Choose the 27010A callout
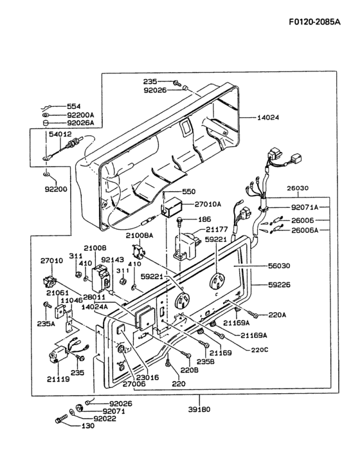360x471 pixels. coord(208,205)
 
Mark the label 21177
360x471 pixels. coord(217,229)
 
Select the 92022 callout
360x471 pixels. coord(105,418)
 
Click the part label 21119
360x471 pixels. coord(59,380)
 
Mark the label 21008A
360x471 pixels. coord(139,236)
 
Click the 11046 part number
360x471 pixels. coord(71,300)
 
